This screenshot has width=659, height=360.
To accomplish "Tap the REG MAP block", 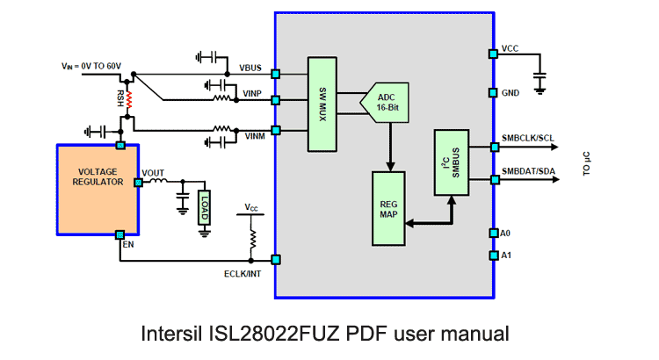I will coord(387,208).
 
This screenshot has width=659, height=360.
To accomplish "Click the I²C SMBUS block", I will coord(451,162).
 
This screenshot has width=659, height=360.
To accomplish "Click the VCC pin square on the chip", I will coord(493,54).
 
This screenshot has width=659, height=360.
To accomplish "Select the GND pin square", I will coord(493,92).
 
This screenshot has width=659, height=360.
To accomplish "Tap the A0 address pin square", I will coord(493,234).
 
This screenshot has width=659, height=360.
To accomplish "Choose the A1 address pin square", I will coord(493,256).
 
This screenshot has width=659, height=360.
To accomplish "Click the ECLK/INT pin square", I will coord(276,260).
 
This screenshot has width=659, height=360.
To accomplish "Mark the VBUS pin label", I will coord(252,67).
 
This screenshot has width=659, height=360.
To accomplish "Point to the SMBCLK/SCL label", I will coord(527,138).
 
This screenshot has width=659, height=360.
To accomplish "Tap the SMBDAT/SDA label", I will coord(527,171).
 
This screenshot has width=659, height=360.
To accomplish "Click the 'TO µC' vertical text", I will coord(586,163).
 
